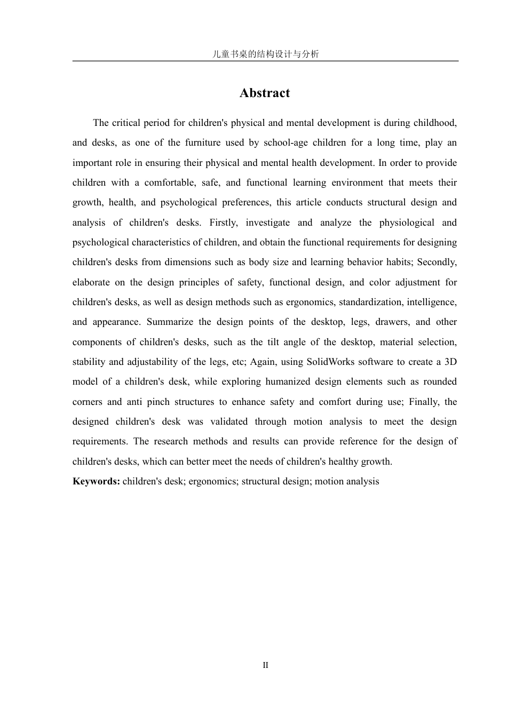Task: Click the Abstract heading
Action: [x=265, y=93]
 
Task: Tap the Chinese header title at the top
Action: [x=265, y=54]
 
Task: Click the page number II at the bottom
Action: [x=265, y=665]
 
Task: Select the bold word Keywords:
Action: [x=96, y=481]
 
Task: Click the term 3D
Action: [x=450, y=362]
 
